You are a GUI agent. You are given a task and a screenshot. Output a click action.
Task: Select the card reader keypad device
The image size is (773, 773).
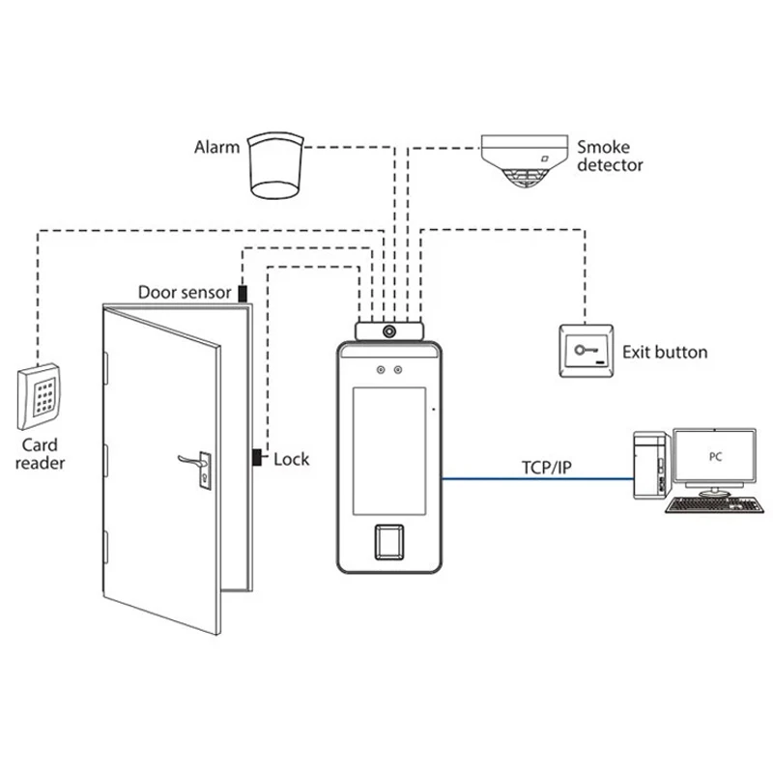(39, 397)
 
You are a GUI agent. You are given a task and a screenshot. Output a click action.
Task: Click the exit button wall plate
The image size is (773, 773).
(587, 351)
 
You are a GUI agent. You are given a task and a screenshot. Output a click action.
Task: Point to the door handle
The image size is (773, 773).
(195, 463)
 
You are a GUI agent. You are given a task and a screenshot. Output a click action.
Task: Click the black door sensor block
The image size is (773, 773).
(243, 294)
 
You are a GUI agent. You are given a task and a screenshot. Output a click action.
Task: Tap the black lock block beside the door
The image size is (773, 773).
(257, 457)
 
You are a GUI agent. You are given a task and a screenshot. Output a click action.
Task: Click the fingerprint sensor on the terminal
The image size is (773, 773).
(389, 542)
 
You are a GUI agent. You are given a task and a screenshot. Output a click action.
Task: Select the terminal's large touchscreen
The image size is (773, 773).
(389, 451)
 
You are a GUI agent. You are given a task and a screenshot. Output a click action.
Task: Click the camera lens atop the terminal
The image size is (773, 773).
(389, 331)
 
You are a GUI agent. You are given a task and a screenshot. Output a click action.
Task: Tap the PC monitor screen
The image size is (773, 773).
(714, 456)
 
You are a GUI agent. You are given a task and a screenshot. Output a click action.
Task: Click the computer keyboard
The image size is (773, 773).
(714, 505)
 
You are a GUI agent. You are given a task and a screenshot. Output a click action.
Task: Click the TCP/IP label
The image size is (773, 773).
(546, 468)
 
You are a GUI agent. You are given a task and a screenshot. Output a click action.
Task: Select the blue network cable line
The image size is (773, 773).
(537, 478)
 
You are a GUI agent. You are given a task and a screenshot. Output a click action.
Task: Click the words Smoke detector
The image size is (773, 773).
(610, 156)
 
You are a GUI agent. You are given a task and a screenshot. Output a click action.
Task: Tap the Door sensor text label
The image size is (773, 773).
(185, 293)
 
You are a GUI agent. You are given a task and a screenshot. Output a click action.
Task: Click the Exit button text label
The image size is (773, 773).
(665, 352)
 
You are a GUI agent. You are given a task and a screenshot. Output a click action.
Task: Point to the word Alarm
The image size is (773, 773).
(216, 147)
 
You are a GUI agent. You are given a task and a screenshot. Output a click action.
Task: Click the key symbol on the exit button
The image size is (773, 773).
(586, 350)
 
